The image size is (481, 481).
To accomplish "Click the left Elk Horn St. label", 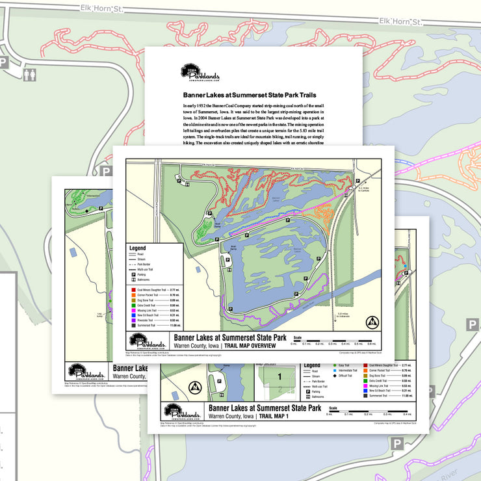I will (100, 8).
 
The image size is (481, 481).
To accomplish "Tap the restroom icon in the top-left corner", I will (29, 75).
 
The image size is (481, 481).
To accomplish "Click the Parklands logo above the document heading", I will (200, 73).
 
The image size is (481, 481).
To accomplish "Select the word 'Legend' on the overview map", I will (138, 248).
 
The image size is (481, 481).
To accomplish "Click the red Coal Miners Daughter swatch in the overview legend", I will (131, 289).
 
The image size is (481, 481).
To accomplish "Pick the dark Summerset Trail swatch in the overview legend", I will (131, 325).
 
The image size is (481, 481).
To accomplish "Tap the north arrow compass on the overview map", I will (372, 322).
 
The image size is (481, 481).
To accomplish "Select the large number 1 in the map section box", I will (280, 376).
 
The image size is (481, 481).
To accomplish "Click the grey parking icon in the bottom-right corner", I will (396, 443).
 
